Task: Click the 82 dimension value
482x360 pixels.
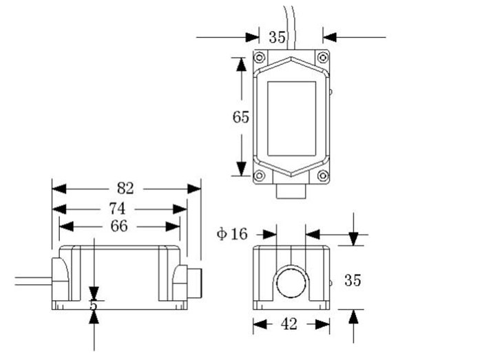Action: (x=125, y=188)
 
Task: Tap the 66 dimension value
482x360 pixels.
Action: (x=119, y=226)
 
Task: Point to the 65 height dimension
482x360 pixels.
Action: (x=240, y=117)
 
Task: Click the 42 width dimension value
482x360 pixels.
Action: (x=290, y=324)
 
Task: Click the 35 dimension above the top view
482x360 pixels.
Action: (x=277, y=37)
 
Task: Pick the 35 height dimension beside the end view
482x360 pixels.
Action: (x=353, y=280)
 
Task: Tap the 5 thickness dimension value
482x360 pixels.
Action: (x=94, y=305)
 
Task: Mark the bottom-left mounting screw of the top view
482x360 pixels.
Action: (x=260, y=176)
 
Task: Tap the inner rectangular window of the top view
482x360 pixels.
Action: (x=291, y=118)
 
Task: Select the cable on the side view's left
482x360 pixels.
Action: (x=31, y=279)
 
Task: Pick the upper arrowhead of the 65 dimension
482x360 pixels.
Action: (x=240, y=64)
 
